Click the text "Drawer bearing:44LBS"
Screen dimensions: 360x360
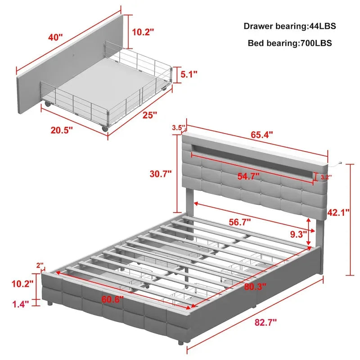[x=290, y=26]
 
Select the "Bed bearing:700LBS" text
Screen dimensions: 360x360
[x=290, y=43]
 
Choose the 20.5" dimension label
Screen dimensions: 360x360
[x=62, y=130]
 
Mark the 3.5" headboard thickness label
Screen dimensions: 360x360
[x=178, y=128]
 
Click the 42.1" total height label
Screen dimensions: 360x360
[x=339, y=212]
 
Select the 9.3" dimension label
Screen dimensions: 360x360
[x=298, y=234]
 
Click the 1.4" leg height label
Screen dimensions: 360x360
[x=20, y=304]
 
